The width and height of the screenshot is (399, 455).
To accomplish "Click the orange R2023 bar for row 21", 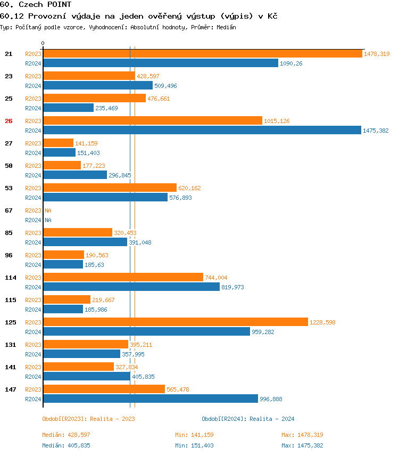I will tap(202, 54).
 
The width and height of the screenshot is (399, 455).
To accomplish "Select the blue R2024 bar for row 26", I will tap(202, 131).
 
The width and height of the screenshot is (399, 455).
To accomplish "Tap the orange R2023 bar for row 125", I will tap(175, 322).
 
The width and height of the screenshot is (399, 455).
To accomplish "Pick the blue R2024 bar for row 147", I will tap(150, 399).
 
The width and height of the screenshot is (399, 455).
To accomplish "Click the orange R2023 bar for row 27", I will tap(58, 143).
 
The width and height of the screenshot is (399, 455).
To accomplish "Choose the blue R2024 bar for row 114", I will tap(131, 287).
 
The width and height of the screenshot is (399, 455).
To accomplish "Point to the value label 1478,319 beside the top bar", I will tap(377, 54).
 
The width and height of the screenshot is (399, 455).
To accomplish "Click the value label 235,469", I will tap(106, 108).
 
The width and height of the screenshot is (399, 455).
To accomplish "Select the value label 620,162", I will tap(189, 188).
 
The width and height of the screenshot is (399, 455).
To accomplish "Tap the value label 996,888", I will tap(271, 399).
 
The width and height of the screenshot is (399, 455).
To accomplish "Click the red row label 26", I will tap(9, 121).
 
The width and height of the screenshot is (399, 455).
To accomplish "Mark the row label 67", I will tap(9, 210).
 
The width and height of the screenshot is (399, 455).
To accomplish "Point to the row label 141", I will tap(10, 367).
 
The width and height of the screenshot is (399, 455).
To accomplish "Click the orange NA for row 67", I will tap(48, 210).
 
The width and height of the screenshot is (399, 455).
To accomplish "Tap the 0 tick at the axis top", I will tap(43, 43).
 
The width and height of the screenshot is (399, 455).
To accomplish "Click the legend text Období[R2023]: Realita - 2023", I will tap(88, 419).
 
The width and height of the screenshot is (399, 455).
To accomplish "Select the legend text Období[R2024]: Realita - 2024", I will tap(248, 419).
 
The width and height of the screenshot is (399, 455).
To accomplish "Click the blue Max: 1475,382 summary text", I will tap(302, 445).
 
